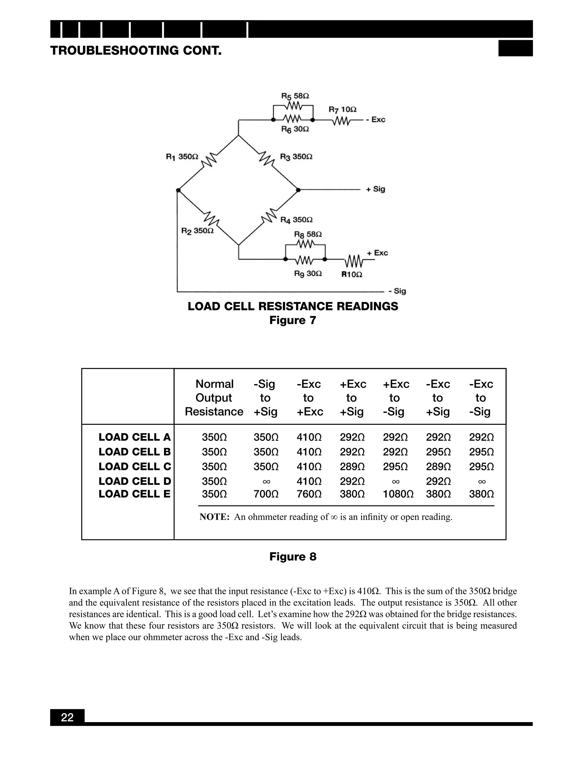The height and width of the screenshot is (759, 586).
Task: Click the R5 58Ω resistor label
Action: point(295,96)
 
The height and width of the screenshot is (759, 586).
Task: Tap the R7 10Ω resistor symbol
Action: point(342,121)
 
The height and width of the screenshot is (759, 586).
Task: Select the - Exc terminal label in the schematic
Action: point(376,119)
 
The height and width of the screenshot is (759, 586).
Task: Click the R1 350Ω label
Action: point(182,157)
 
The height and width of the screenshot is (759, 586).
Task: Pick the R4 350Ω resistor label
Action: point(296,220)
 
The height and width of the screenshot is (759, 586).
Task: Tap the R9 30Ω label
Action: point(308,274)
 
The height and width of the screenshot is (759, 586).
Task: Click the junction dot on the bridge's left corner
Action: point(178,190)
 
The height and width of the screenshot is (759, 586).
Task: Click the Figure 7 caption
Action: point(293,320)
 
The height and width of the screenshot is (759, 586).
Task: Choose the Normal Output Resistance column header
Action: point(214,398)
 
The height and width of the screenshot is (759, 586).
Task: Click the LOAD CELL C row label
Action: point(135,466)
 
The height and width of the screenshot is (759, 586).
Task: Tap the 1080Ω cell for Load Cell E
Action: point(398,494)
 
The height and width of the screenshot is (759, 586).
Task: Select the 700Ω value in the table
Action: point(266,494)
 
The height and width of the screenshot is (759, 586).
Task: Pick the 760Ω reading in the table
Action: point(309,494)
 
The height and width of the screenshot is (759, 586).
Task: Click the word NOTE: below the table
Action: point(214,517)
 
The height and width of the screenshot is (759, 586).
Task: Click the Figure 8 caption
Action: point(293,557)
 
